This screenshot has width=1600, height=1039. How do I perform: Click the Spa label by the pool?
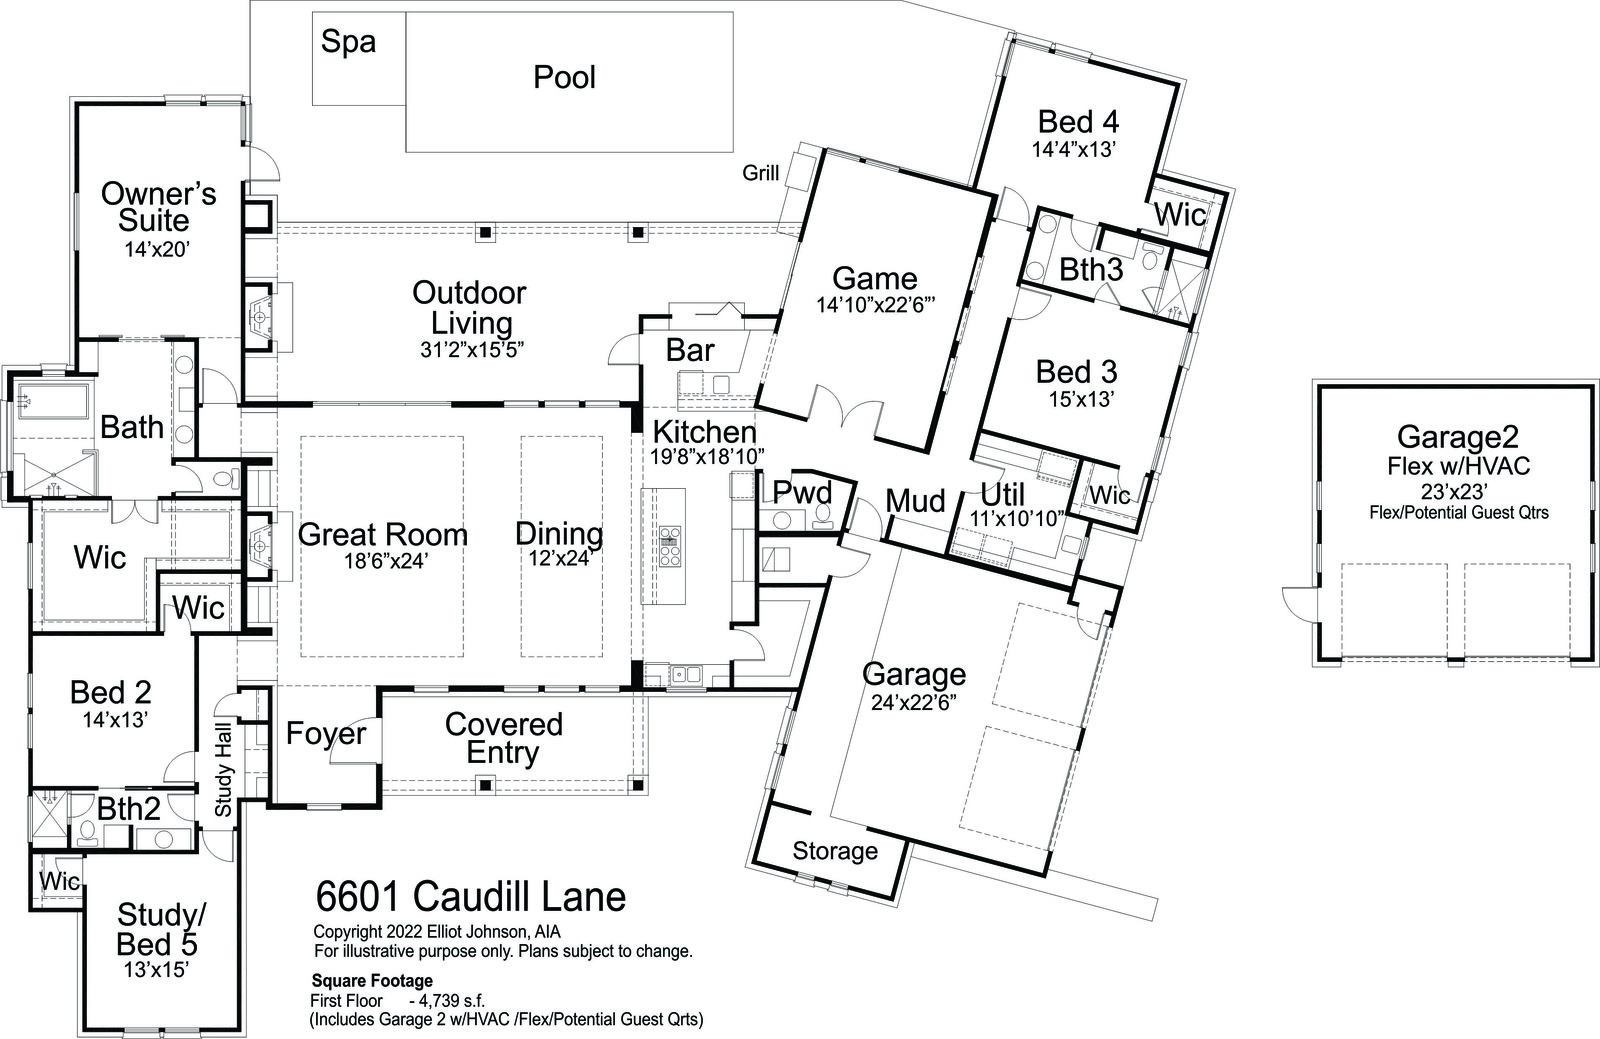[349, 42]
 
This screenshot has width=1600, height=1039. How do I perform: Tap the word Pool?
[564, 77]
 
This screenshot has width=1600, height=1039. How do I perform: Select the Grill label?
[760, 174]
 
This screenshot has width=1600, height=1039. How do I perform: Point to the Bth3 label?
[1091, 270]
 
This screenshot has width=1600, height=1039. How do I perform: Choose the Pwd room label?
[803, 493]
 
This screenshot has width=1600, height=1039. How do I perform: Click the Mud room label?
[916, 500]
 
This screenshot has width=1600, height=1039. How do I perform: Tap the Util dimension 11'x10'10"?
[1016, 519]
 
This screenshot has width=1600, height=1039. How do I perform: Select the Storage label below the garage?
[835, 851]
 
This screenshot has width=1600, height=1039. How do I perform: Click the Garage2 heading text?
[1458, 436]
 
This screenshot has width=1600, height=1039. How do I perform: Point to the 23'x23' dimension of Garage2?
[1458, 491]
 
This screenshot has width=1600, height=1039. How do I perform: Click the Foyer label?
[326, 734]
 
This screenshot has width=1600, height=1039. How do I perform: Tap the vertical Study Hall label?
[223, 770]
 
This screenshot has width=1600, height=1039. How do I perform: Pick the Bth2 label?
[129, 808]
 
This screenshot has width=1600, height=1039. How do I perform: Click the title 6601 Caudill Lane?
[471, 896]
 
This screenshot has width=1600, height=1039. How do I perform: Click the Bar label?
[690, 350]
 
